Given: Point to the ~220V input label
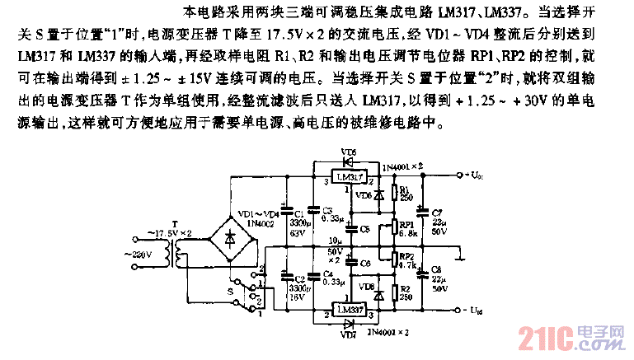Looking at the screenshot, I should tap(137, 255).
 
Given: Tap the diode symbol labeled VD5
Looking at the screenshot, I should tap(350, 162).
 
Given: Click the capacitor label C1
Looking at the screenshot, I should tap(298, 213).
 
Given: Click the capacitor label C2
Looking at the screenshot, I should tap(298, 279).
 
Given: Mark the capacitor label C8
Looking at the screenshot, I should tap(436, 270).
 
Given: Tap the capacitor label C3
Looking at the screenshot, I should tap(327, 210).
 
